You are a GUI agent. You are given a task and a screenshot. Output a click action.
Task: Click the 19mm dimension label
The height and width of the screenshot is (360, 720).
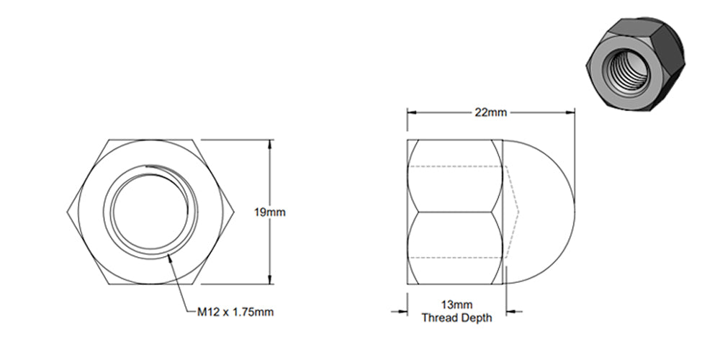point(270,212)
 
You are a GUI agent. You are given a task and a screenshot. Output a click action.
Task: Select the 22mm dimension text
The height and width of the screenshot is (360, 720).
point(490,113)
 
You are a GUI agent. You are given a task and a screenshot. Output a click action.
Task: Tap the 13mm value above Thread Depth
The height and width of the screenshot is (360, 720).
point(456,305)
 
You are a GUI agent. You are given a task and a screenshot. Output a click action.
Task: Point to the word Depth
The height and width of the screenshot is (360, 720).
point(476,318)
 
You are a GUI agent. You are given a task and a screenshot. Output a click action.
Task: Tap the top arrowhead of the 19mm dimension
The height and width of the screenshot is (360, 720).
point(270,143)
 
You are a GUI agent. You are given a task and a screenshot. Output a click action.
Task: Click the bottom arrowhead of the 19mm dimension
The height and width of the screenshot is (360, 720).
point(270,282)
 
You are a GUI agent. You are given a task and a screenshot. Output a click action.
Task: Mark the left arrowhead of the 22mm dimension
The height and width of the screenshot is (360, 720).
point(412,113)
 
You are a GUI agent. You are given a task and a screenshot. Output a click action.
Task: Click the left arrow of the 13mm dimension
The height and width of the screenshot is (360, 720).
point(403,312)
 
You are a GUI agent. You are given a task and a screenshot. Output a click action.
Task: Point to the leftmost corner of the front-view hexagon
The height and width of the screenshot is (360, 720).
point(67,212)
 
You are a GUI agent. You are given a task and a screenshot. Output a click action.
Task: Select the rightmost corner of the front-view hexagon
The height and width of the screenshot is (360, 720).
point(235,212)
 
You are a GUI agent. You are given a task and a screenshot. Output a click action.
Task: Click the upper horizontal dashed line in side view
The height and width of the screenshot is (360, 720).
point(457,167)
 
